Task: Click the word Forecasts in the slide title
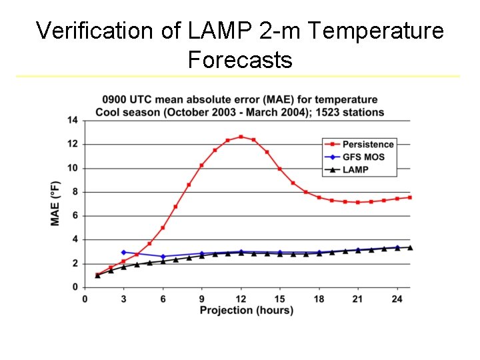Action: [240, 60]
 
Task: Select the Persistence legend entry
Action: [367, 144]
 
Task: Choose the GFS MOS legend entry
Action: [363, 157]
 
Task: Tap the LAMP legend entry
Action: [355, 169]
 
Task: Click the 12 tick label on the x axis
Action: [241, 299]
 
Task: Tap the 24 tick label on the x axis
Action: [397, 299]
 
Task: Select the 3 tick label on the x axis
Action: [123, 299]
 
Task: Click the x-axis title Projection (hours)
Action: [247, 310]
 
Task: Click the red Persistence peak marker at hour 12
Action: [241, 137]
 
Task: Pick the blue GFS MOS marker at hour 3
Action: [123, 253]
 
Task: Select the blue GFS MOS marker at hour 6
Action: [163, 257]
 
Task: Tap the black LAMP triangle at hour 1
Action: [97, 275]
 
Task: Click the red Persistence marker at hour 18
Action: [319, 197]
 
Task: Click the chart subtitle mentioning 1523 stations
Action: [240, 112]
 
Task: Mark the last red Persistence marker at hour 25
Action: [410, 197]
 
